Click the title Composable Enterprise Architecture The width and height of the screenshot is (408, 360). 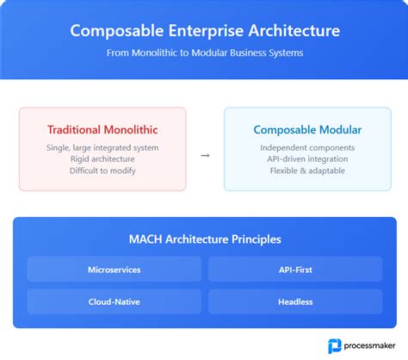point(204,31)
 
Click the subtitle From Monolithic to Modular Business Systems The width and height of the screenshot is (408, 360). point(204,53)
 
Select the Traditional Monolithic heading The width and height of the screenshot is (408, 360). point(102,130)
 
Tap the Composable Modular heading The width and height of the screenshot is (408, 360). point(307,130)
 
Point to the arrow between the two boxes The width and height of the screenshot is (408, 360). point(205,156)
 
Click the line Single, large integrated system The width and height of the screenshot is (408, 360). point(102,147)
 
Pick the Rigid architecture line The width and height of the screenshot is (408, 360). point(102,159)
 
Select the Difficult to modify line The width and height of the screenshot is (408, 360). point(102,171)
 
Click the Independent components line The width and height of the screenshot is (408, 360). point(307,147)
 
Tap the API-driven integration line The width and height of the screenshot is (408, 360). point(307,159)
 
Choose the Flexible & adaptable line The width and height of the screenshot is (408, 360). point(307,171)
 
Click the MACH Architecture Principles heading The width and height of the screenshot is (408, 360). point(204,239)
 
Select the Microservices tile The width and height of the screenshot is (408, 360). point(114,270)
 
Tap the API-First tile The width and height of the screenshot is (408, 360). point(295,270)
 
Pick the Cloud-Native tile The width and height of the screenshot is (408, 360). point(114,301)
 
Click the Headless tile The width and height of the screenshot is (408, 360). point(295,301)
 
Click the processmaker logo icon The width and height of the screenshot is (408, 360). point(335,345)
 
